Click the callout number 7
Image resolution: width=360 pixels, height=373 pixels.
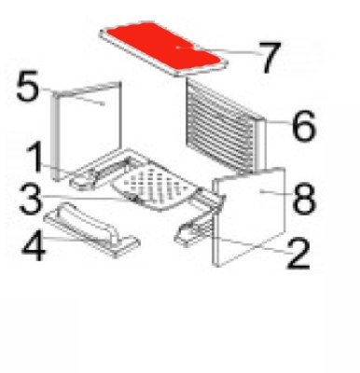[x=271, y=58]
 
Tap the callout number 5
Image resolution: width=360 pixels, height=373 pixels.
[x=28, y=86]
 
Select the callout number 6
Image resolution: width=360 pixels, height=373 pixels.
[x=304, y=126]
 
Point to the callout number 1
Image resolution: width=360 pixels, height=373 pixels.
[x=36, y=157]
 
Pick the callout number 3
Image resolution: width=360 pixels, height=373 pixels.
[x=30, y=199]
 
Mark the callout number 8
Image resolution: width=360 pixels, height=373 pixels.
[x=304, y=199]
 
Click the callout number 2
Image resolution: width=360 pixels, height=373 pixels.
[x=298, y=254]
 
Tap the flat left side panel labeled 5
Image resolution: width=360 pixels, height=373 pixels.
[x=87, y=131]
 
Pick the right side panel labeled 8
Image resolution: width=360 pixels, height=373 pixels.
[x=249, y=216]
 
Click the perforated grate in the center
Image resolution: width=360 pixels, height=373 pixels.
[x=156, y=187]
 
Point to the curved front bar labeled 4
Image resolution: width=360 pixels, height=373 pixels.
[x=91, y=229]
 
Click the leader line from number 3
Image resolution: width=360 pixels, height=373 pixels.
[x=89, y=198]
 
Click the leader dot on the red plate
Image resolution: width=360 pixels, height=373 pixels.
[x=178, y=48]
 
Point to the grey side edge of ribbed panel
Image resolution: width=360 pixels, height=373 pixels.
[x=260, y=146]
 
